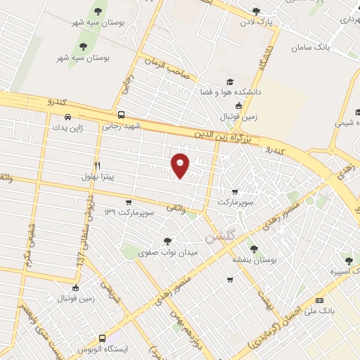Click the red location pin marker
tap(181, 164)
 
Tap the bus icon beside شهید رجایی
tap(121, 115)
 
